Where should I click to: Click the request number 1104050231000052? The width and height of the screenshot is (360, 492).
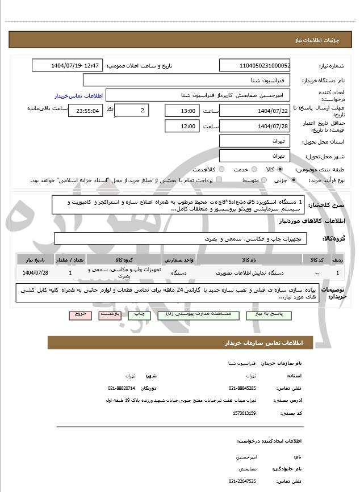click(254, 66)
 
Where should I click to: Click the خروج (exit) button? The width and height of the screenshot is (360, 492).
click(79, 314)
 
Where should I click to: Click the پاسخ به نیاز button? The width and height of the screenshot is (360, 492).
click(266, 314)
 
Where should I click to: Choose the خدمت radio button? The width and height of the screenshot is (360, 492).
click(233, 169)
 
